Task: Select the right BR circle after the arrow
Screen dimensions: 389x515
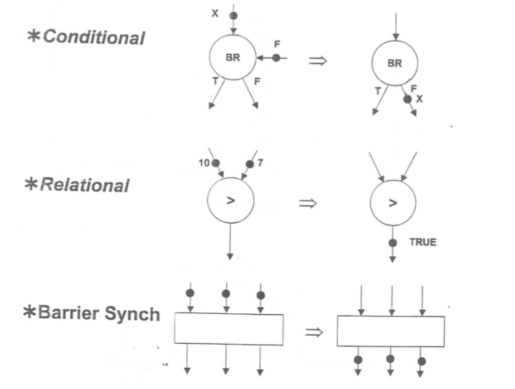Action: tap(394, 63)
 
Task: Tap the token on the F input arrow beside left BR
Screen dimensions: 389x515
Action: tap(276, 58)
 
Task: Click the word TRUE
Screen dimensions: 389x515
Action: tap(423, 242)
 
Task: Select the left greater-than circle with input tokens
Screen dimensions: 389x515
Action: tap(230, 201)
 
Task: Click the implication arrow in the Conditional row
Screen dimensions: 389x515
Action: tap(317, 61)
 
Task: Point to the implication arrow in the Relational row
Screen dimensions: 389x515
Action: tap(307, 203)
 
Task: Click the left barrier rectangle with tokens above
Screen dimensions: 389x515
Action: tap(228, 329)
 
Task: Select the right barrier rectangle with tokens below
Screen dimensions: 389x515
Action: tap(391, 331)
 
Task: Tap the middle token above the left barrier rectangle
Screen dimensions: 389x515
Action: tap(225, 293)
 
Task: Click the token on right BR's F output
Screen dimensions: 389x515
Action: tap(407, 100)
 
